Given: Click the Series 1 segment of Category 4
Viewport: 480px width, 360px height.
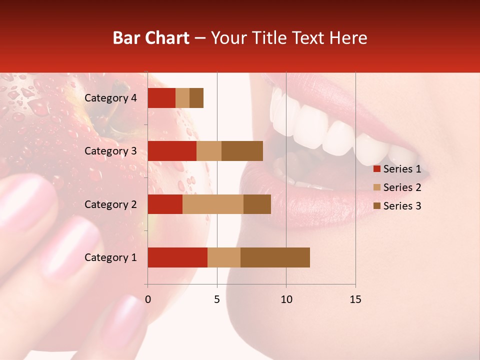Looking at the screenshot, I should pyautogui.click(x=161, y=98).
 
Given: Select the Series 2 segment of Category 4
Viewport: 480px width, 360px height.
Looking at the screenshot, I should pyautogui.click(x=182, y=98).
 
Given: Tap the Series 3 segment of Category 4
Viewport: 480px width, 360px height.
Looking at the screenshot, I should pyautogui.click(x=196, y=98).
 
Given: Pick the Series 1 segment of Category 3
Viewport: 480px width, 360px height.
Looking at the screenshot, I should pyautogui.click(x=172, y=151).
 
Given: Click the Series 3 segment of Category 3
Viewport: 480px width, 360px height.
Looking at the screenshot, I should pyautogui.click(x=242, y=151).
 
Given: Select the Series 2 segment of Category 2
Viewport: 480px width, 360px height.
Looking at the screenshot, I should pyautogui.click(x=213, y=204).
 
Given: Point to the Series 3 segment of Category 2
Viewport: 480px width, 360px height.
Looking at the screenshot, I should pyautogui.click(x=257, y=204).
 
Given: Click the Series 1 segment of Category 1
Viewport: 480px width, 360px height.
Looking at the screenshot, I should pyautogui.click(x=177, y=257).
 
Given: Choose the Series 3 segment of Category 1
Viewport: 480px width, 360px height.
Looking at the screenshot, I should pyautogui.click(x=275, y=257).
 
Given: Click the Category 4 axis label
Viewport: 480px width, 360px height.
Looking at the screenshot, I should pyautogui.click(x=110, y=98).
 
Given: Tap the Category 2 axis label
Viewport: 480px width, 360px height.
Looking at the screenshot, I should pyautogui.click(x=110, y=204).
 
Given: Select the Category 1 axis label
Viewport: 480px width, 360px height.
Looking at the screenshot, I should pyautogui.click(x=110, y=257).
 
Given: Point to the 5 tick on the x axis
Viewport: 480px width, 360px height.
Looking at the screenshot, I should pyautogui.click(x=217, y=299).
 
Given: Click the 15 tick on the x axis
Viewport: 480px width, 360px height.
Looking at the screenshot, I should pyautogui.click(x=355, y=299).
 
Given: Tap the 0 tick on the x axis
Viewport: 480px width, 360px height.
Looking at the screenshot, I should pyautogui.click(x=148, y=299).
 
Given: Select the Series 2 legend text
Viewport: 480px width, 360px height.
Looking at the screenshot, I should pyautogui.click(x=402, y=187).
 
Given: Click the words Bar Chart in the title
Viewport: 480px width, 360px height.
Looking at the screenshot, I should pyautogui.click(x=151, y=38).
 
